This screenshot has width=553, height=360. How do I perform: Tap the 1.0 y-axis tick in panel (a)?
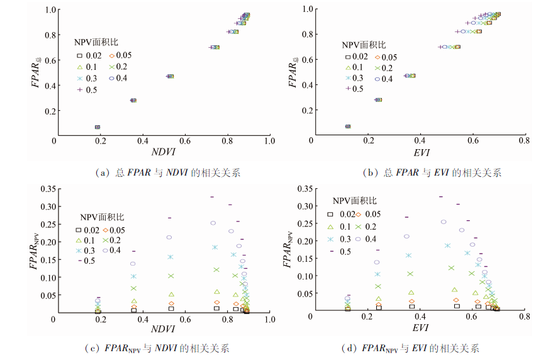(49, 10)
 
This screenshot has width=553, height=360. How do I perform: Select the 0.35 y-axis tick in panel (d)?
(303, 188)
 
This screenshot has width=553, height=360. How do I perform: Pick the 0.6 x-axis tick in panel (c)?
(185, 320)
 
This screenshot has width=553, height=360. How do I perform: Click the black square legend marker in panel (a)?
(81, 57)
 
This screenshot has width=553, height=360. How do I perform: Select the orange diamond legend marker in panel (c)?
(106, 230)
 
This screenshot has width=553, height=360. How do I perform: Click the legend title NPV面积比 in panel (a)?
(95, 44)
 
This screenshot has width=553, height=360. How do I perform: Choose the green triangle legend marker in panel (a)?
(81, 67)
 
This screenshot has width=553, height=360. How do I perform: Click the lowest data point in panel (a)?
(97, 127)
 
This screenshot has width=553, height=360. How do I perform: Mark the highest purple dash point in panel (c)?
(213, 197)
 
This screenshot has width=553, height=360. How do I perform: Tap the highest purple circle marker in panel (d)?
(444, 222)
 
